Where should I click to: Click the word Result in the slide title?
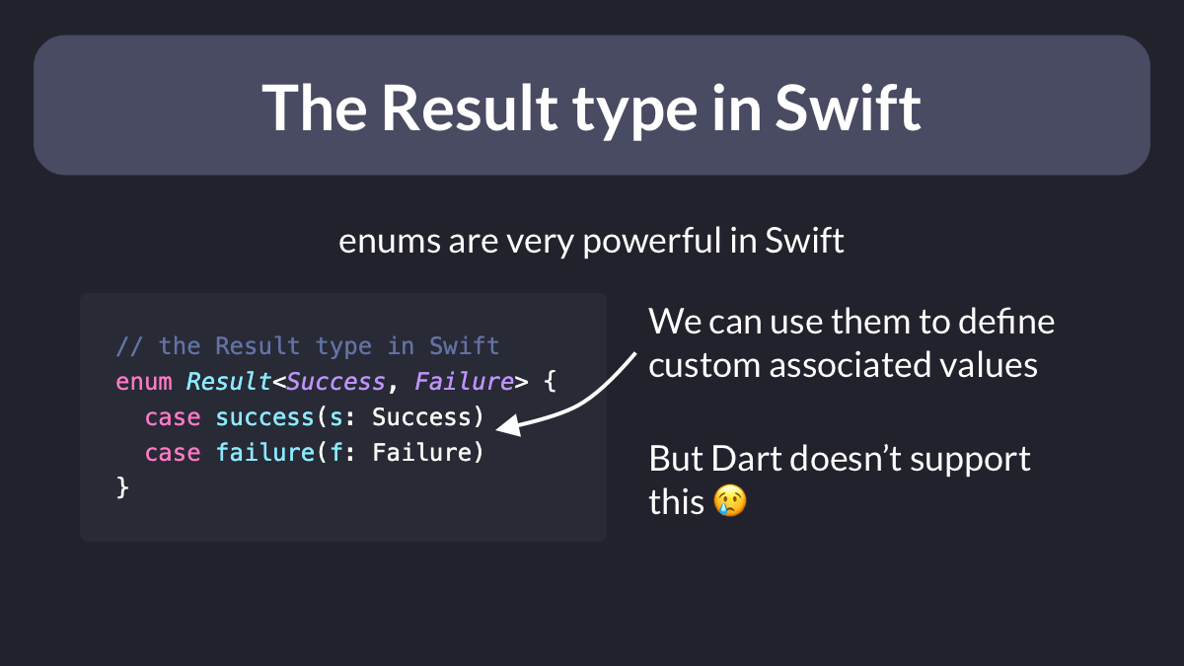coord(470,109)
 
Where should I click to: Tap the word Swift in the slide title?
coord(849,108)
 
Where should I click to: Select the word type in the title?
coord(635,113)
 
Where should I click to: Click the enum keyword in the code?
coord(144,382)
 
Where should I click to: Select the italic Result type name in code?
coord(229,382)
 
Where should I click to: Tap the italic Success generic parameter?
coord(336,382)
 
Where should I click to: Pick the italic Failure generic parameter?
coord(464,382)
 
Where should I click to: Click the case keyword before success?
coord(173,417)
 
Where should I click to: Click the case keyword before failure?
coord(173,453)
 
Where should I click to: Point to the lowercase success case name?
coord(264,417)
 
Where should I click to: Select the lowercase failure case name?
coord(265,453)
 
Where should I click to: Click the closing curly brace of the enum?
coord(122,487)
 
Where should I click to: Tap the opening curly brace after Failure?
coord(550,382)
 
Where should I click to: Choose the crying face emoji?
coord(730,500)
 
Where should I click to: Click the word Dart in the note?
coord(746,458)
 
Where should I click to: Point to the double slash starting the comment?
coord(129,346)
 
